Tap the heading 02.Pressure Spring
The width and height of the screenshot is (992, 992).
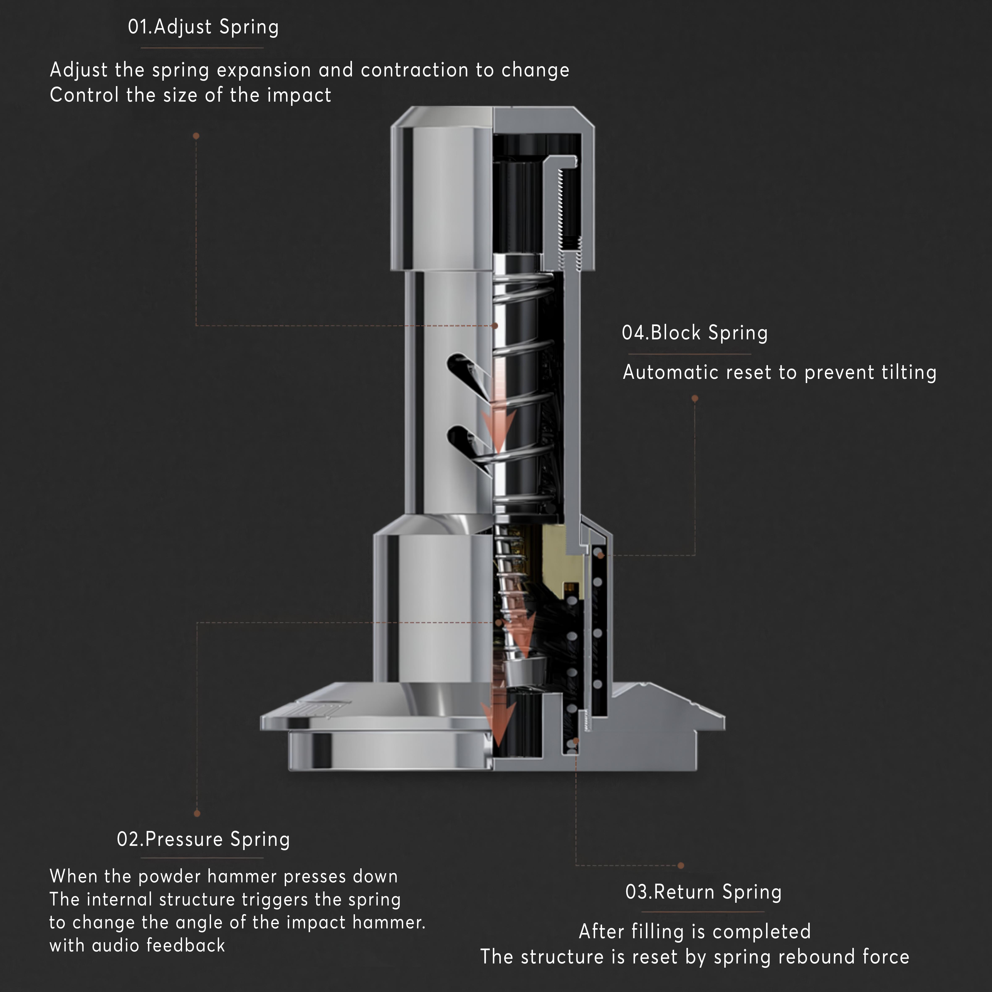(x=203, y=839)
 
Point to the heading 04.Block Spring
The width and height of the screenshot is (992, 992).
(x=695, y=333)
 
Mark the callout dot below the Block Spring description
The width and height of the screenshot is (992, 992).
(x=695, y=398)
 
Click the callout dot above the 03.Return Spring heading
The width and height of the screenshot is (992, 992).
(x=681, y=866)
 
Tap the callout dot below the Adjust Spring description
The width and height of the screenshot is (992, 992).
(x=196, y=136)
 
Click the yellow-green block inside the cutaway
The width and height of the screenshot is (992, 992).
(x=557, y=555)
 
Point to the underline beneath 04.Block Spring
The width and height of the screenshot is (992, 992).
(x=690, y=354)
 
